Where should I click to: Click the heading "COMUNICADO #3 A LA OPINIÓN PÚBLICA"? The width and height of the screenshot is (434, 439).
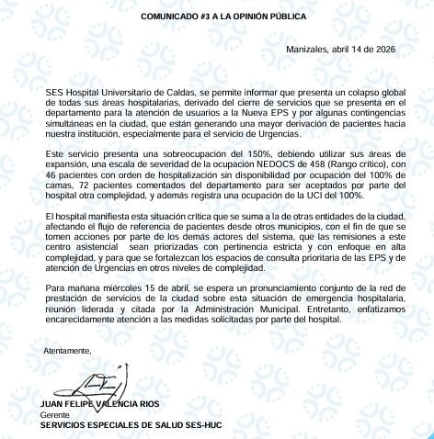(x=217, y=17)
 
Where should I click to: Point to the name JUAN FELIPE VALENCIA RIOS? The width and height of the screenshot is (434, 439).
(x=100, y=406)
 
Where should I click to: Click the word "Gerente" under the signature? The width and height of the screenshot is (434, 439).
(x=55, y=415)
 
